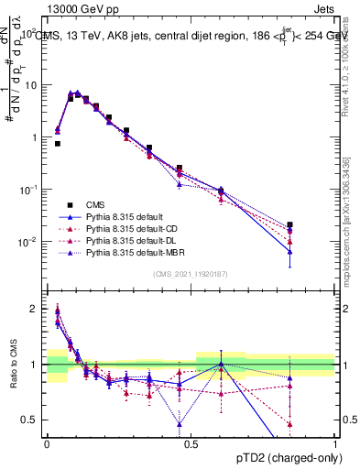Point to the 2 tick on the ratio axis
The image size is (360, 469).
coord(34,309)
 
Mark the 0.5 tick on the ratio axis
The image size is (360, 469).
coord(30,420)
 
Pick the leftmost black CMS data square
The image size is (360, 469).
coord(57,144)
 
